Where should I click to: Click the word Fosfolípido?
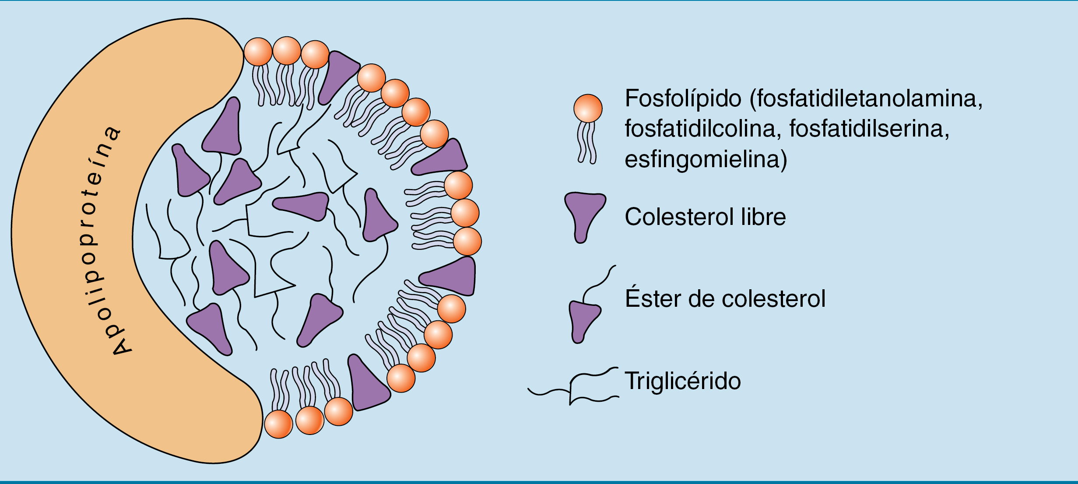coord(683,98)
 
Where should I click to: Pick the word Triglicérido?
coord(683,381)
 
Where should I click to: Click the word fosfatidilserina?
coord(868,129)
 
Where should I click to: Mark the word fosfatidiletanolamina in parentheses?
coord(869,98)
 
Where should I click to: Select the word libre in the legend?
coord(763,217)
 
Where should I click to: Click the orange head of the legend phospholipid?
coord(588,109)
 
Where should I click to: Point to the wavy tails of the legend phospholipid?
coord(587,143)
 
